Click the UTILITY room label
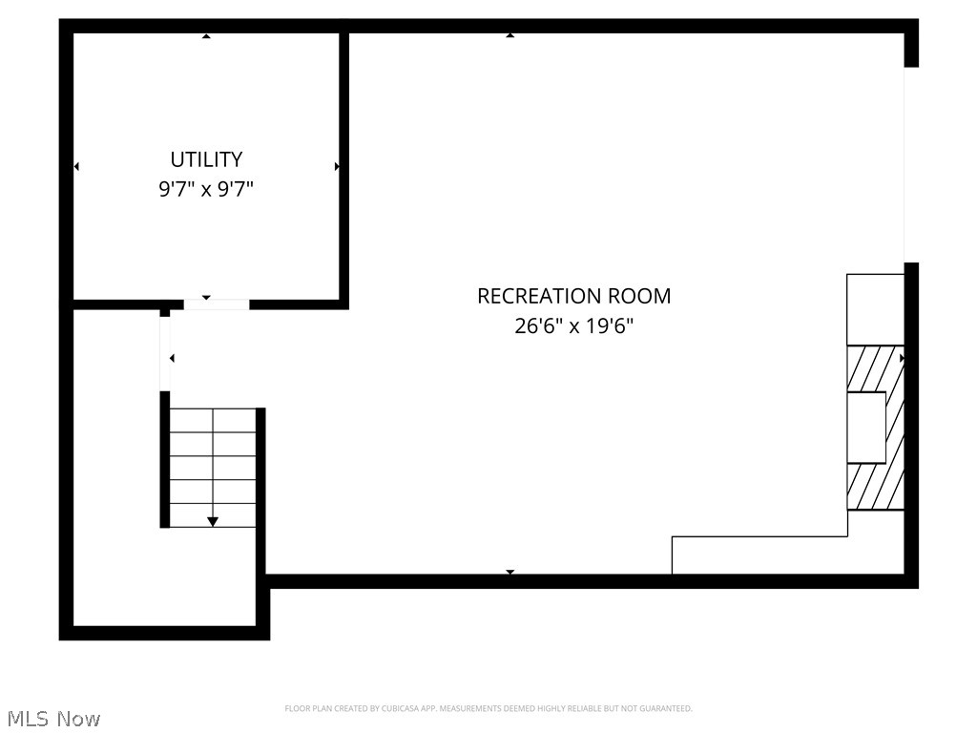point(206,159)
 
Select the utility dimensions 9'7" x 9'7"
point(206,189)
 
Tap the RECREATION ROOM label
point(573,296)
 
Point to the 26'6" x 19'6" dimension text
point(573,326)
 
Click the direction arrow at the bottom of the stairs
point(213,520)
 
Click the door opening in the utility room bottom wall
point(217,304)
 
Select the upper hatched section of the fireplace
point(875,367)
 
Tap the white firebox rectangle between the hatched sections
point(866,428)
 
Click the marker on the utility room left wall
point(76,166)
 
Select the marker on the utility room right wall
point(337,166)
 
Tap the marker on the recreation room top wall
point(510,35)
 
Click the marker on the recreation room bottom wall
point(510,572)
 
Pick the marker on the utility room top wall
point(206,36)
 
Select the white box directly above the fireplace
point(875,309)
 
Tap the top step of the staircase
point(213,420)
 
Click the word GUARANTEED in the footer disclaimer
point(669,708)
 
